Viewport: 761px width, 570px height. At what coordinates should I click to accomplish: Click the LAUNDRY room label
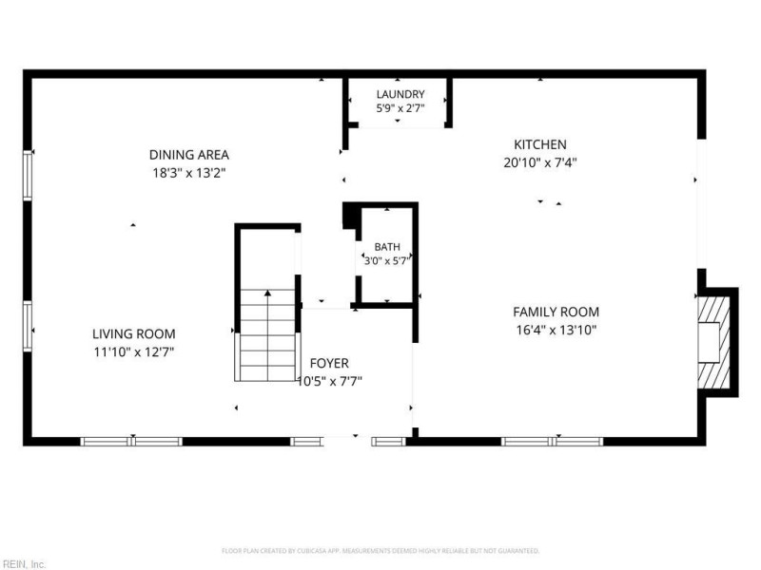[400, 94]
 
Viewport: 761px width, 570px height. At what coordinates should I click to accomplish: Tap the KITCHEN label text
[540, 144]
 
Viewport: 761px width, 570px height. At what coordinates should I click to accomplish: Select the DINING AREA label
[188, 155]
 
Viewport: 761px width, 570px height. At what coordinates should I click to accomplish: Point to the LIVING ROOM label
[134, 333]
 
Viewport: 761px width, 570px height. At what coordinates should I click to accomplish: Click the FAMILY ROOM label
[556, 312]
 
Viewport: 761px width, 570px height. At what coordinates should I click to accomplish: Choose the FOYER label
[329, 363]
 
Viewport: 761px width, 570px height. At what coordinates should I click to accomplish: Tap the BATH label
[387, 247]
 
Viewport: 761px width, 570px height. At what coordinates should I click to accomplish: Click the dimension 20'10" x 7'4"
[540, 162]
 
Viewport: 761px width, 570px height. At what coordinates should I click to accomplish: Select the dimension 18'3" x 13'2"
[189, 173]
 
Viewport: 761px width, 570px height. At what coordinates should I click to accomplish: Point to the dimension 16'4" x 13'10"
[556, 330]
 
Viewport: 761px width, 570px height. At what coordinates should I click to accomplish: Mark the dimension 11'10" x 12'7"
[134, 351]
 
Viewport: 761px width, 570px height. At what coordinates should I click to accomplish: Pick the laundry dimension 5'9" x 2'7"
[400, 108]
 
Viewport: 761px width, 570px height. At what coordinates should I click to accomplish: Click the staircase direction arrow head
[267, 293]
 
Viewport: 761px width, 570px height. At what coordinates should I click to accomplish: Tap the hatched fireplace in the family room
[714, 342]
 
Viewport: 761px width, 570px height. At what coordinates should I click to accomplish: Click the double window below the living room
[131, 442]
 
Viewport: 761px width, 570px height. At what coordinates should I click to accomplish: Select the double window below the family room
[553, 442]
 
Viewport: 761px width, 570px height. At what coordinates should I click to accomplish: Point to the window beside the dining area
[28, 175]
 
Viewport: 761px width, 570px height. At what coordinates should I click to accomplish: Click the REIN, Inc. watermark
[23, 564]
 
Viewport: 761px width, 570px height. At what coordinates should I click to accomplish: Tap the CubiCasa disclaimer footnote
[380, 551]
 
